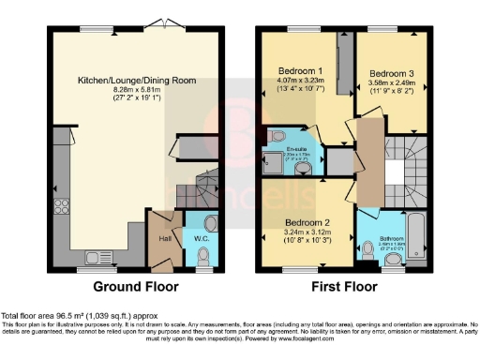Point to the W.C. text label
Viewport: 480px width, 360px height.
pyautogui.click(x=200, y=237)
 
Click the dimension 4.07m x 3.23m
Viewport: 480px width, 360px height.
pyautogui.click(x=299, y=82)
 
